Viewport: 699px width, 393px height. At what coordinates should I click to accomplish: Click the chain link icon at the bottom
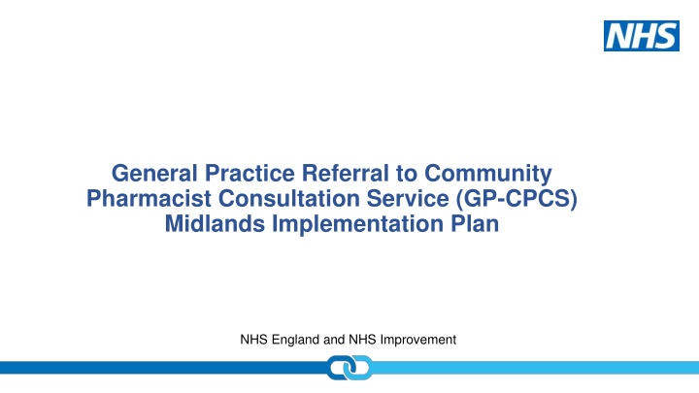pyautogui.click(x=349, y=370)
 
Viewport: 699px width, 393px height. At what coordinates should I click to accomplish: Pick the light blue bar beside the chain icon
pyautogui.click(x=534, y=368)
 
